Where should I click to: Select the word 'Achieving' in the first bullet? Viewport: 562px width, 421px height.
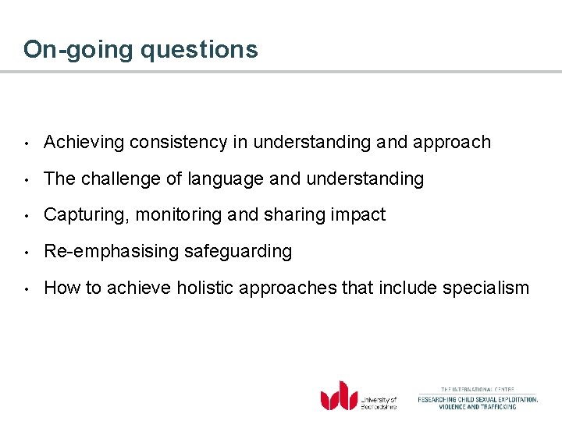84,143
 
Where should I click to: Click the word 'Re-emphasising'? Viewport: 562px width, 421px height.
111,252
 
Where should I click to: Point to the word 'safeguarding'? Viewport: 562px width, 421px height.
238,252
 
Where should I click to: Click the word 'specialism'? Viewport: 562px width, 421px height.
486,288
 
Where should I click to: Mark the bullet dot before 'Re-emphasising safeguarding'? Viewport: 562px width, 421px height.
27,252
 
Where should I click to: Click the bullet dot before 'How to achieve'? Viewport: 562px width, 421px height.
27,288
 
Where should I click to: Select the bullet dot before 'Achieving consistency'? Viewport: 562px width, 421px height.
27,143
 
